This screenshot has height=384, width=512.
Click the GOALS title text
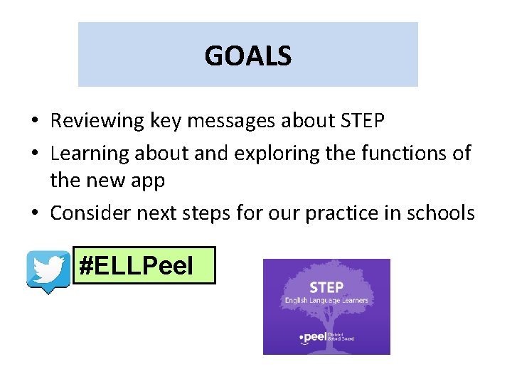pos(247,55)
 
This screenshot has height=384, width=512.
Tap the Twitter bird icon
pos(48,271)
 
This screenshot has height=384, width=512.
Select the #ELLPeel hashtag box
pos(144,266)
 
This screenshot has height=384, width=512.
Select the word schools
pos(439,212)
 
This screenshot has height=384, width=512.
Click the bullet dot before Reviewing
pos(36,122)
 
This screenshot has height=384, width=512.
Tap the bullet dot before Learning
pos(36,154)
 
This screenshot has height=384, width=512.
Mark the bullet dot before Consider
pos(36,213)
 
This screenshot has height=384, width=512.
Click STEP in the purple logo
pos(326,287)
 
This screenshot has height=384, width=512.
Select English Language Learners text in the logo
pos(326,301)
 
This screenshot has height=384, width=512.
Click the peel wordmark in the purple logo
pos(315,337)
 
